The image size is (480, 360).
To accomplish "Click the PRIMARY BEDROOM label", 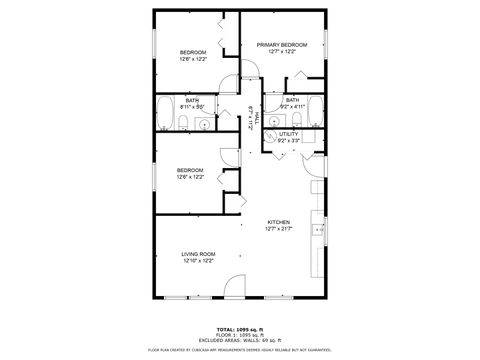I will pyautogui.click(x=281, y=45).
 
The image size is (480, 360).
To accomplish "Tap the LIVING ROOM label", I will pyautogui.click(x=198, y=254).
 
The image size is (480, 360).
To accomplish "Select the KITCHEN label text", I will pyautogui.click(x=278, y=222).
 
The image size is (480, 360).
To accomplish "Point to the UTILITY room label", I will pyautogui.click(x=289, y=134).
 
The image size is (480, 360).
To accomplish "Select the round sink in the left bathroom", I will pyautogui.click(x=204, y=124).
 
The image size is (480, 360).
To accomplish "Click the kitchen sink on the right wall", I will pyautogui.click(x=320, y=231).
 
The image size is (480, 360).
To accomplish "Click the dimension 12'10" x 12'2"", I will pyautogui.click(x=198, y=261).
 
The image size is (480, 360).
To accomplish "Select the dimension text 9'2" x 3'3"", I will pyautogui.click(x=289, y=141).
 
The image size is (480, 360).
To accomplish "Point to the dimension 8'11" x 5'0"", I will pyautogui.click(x=191, y=106).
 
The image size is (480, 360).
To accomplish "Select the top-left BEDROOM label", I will pyautogui.click(x=193, y=52).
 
